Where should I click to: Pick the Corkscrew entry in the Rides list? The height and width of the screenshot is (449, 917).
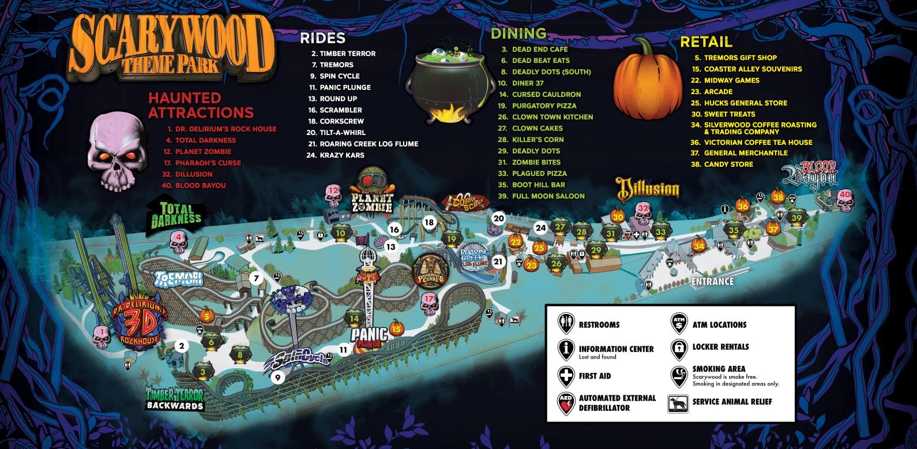341,121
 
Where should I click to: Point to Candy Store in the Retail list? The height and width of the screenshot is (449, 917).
728,164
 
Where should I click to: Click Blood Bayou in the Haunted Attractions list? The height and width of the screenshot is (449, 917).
200,185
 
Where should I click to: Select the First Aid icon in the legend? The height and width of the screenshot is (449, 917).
565,376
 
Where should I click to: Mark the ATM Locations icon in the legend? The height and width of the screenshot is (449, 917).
679,324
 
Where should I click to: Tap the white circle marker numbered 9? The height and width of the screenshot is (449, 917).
277,378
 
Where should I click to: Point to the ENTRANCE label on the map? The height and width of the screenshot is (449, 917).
712,282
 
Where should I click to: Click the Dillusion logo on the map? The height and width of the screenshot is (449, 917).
648,189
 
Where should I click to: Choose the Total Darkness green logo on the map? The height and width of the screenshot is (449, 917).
176,214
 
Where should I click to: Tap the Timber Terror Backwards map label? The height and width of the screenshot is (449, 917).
175,398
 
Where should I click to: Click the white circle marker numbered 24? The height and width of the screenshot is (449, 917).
540,227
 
